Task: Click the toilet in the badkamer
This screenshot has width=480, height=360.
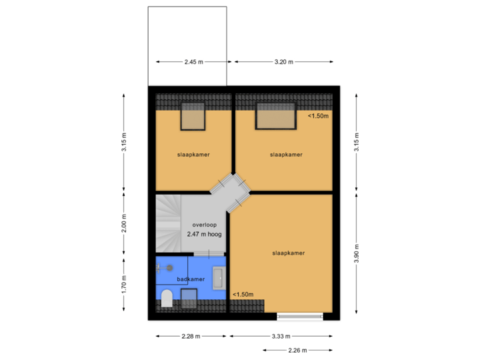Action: (x=167, y=298)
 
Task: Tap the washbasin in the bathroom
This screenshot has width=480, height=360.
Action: (x=219, y=278)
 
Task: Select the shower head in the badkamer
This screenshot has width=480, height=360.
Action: (x=169, y=267)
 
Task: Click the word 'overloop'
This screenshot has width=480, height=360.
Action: (x=204, y=225)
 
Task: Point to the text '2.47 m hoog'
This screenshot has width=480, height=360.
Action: (x=205, y=235)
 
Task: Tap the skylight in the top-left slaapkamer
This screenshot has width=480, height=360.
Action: (x=193, y=117)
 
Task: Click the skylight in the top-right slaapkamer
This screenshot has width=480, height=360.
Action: (x=276, y=117)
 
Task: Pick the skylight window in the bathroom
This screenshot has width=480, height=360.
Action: (x=189, y=298)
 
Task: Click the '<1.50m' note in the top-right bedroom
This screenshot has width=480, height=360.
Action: (x=318, y=115)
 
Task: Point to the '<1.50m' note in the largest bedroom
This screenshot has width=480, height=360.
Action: (x=242, y=294)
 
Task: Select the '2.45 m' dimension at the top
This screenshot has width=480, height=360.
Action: (x=193, y=62)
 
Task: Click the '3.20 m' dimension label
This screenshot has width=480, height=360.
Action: (x=283, y=62)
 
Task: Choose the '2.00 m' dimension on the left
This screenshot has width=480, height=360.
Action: (x=124, y=223)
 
